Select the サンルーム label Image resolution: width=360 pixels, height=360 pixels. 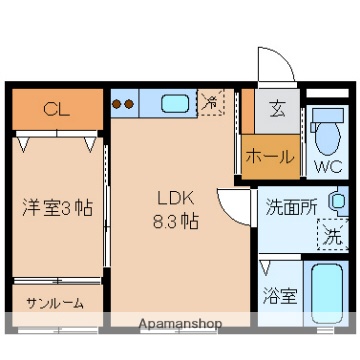coord(55,303)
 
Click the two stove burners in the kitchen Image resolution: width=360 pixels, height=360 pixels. coord(123,102)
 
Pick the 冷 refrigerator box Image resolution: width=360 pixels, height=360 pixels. coord(211,102)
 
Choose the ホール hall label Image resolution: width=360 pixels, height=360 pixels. coord(270,157)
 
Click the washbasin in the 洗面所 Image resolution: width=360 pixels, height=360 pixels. coord(337,203)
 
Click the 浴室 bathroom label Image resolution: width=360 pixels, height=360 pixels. coord(279,296)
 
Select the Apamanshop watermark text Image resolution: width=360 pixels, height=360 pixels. coord(180,324)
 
